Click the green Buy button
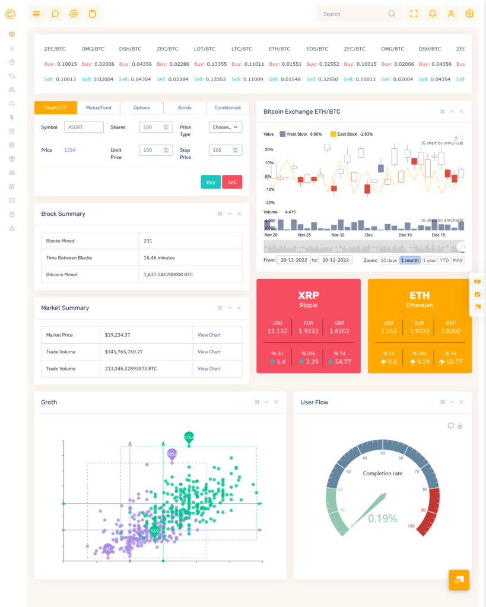click(x=211, y=182)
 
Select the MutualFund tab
click(x=99, y=108)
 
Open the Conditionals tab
click(x=228, y=108)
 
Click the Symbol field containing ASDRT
click(x=84, y=127)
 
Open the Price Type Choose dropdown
click(x=225, y=127)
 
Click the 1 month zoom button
click(x=409, y=260)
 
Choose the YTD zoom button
click(x=444, y=260)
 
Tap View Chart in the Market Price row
click(x=209, y=335)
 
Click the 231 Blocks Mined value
click(x=148, y=241)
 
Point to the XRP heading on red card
click(x=309, y=295)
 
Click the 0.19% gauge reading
click(x=382, y=519)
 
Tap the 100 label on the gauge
click(x=411, y=526)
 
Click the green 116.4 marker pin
click(x=189, y=437)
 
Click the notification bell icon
click(x=433, y=14)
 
